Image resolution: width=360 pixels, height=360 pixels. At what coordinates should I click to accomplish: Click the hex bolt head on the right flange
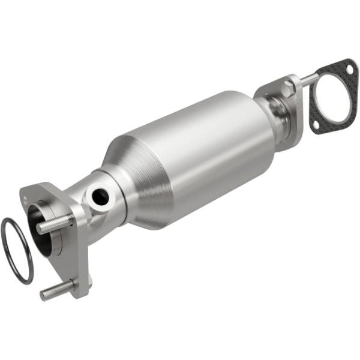tap(287, 91)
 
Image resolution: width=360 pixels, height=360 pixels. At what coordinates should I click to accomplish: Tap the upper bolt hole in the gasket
tap(347, 70)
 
